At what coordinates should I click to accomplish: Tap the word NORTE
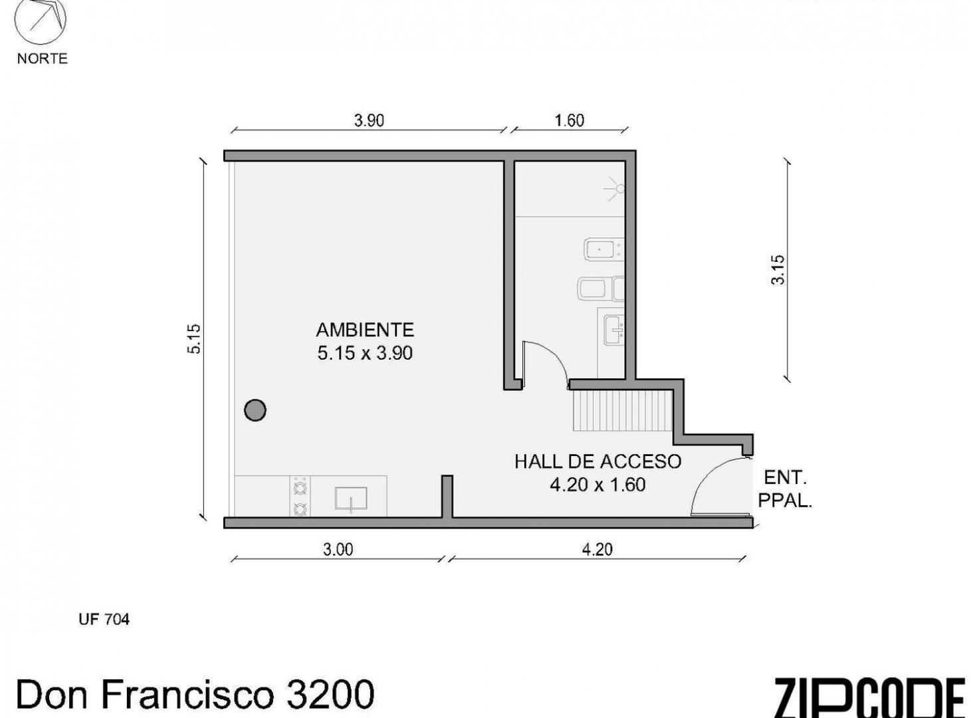click(x=43, y=59)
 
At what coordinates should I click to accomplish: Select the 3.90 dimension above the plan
click(x=369, y=120)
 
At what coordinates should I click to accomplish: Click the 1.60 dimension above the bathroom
click(x=570, y=120)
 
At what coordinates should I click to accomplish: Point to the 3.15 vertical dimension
click(x=778, y=270)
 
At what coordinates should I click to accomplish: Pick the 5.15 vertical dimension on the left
click(x=193, y=338)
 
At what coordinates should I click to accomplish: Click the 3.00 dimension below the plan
click(x=338, y=549)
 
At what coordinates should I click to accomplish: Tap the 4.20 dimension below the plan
click(x=597, y=549)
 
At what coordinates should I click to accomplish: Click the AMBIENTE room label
click(x=365, y=330)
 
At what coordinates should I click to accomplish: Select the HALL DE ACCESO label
click(x=598, y=461)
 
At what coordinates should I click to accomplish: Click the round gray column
click(x=255, y=410)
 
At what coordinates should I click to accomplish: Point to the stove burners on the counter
click(x=300, y=497)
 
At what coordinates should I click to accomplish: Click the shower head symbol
click(x=615, y=189)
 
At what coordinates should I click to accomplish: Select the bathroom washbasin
click(x=614, y=330)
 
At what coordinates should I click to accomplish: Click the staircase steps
click(x=622, y=411)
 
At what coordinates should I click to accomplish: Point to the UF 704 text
click(x=104, y=620)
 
